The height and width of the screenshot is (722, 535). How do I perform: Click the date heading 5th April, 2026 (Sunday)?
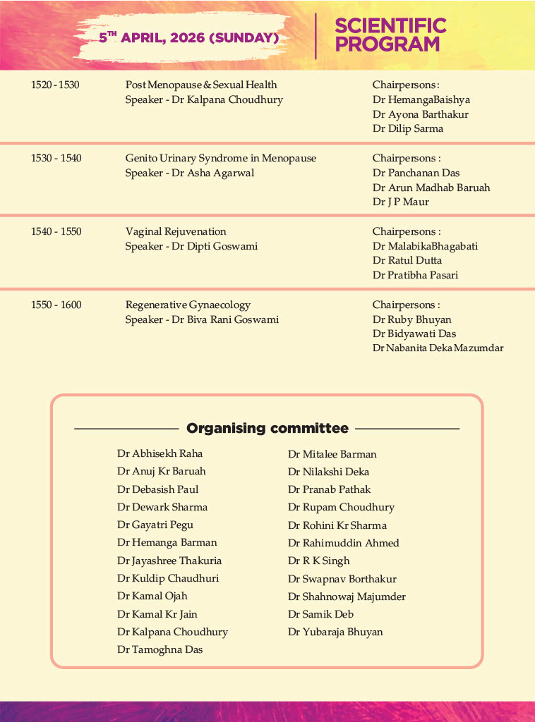(189, 37)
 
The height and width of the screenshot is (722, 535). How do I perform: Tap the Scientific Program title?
(390, 35)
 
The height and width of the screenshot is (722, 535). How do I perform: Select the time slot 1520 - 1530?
(55, 85)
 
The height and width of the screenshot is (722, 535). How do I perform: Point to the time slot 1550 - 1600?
(56, 305)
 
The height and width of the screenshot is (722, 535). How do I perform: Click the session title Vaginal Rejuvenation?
(176, 231)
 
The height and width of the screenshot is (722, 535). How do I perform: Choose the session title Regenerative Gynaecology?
(188, 305)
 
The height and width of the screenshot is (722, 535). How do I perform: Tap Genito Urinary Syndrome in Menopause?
(220, 158)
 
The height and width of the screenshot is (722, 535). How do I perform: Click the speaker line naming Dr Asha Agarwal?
(190, 173)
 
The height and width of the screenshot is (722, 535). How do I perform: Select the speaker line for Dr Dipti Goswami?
(191, 246)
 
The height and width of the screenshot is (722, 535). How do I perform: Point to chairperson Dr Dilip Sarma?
(408, 128)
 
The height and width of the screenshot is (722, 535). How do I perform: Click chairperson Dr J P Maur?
(401, 202)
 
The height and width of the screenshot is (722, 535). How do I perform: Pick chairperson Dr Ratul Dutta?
(407, 260)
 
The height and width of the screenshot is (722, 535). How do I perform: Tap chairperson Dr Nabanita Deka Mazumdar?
(438, 348)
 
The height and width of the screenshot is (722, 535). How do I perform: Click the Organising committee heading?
(267, 428)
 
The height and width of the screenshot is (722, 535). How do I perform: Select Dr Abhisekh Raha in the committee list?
(160, 453)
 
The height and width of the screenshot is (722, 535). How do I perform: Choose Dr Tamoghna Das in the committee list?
(160, 649)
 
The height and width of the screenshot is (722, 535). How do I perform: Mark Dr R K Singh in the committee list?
(318, 561)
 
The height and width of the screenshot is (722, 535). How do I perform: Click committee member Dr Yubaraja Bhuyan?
(335, 632)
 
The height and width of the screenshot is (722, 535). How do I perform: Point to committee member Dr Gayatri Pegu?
(155, 525)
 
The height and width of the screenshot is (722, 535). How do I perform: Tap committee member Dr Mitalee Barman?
(332, 454)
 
